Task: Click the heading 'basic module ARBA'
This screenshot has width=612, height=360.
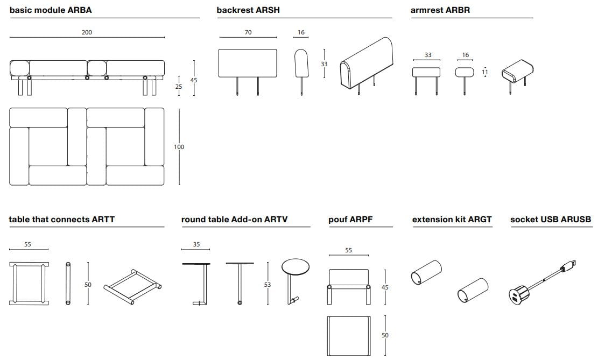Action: click(x=51, y=10)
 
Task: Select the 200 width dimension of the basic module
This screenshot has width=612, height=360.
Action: click(x=87, y=32)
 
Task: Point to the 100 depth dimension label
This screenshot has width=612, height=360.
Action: click(x=179, y=147)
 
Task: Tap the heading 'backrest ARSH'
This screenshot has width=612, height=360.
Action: click(x=248, y=10)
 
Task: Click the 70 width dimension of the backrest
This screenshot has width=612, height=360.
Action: click(x=248, y=32)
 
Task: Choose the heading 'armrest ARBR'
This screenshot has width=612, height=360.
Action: click(x=440, y=10)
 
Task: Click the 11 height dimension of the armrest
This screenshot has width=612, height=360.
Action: click(x=485, y=72)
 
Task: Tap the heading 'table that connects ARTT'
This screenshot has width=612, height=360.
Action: click(x=61, y=220)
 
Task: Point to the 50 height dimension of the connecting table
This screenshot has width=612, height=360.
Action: click(x=88, y=284)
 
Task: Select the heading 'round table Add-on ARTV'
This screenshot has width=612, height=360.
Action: click(x=234, y=220)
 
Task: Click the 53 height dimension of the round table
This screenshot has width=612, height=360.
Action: click(x=268, y=284)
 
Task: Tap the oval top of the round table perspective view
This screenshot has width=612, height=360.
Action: click(x=296, y=267)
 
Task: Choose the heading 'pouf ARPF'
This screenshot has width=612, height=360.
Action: click(x=350, y=220)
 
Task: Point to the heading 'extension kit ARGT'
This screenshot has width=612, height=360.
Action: click(x=452, y=220)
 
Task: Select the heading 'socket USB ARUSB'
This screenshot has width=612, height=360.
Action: click(x=550, y=220)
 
